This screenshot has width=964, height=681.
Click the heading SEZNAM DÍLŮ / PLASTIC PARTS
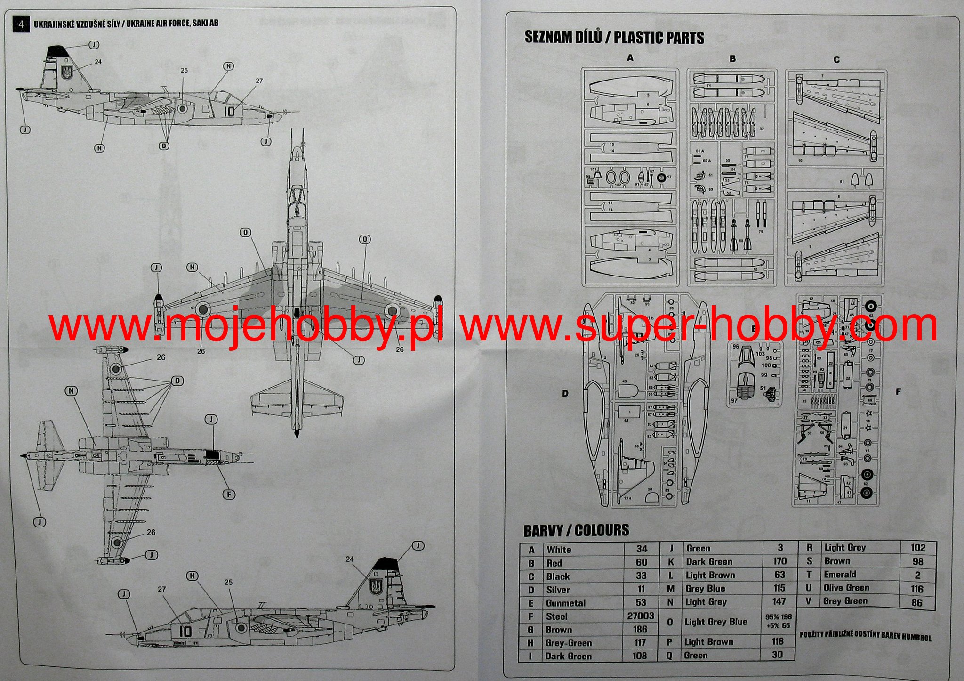point(614,38)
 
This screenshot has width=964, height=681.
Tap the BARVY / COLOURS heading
point(576,531)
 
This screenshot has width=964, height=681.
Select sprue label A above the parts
point(630,58)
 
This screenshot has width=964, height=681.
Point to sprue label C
point(836,60)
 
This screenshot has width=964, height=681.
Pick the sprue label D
point(565,394)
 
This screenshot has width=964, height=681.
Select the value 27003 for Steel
point(640,616)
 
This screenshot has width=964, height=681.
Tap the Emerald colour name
point(840,575)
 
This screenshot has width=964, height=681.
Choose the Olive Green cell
point(846,588)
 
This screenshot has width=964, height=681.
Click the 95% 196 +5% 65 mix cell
point(778,621)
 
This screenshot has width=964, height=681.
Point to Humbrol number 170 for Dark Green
point(779,561)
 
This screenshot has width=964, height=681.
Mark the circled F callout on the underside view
point(229,494)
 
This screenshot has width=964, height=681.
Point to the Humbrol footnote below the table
point(865,637)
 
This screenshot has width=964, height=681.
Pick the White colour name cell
point(559,550)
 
